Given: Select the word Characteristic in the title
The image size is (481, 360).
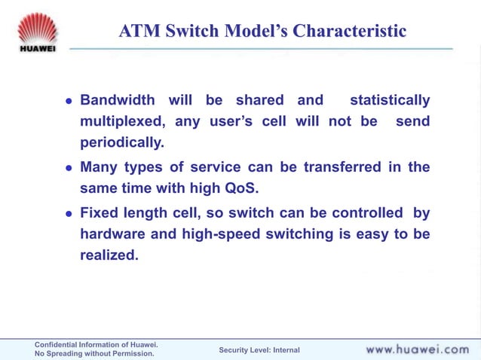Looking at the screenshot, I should click(x=348, y=31).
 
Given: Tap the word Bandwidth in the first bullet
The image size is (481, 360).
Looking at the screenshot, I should click(x=118, y=100).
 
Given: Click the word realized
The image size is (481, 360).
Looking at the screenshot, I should click(x=109, y=255).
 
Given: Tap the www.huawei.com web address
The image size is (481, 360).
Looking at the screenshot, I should click(x=417, y=349).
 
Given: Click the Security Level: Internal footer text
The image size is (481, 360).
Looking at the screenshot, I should click(x=259, y=350).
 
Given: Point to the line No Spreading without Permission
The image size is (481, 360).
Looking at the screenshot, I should click(x=94, y=353).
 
